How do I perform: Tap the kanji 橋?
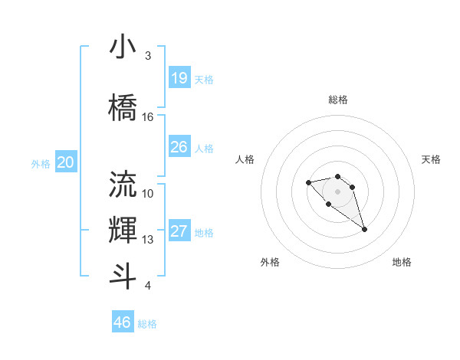pos(123,108)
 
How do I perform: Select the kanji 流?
pos(123,184)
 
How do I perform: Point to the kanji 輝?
pos(123,231)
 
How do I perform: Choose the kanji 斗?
pos(123,276)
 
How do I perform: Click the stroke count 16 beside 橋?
pos(148,117)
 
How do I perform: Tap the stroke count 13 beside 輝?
pos(148,240)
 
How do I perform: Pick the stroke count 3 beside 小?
pos(148,56)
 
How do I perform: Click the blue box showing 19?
pos(179,77)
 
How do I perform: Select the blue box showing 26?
pos(179,146)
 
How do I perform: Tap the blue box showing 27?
pos(179,231)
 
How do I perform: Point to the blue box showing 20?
pos(66,162)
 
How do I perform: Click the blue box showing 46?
pos(123,322)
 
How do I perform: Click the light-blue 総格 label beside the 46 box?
pos(147,324)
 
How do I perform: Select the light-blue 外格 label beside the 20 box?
pos(41,163)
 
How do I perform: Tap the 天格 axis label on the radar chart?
pos(431,159)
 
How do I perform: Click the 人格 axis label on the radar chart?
pos(245,159)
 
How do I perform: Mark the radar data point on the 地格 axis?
pos(364,229)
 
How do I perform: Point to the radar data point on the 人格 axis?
pos(308,182)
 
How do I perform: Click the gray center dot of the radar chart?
pos(337,191)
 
